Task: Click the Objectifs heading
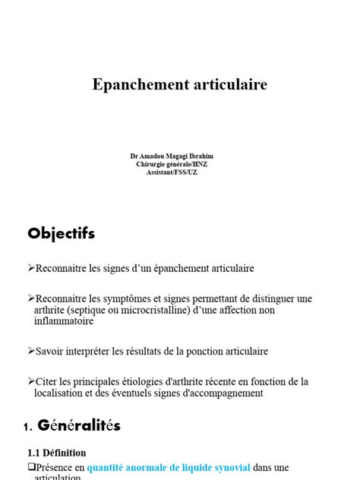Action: [x=61, y=233]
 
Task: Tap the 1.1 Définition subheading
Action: [x=56, y=453]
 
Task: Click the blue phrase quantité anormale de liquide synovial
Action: [x=168, y=467]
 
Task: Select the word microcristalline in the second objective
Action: [x=165, y=310]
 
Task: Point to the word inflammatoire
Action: [x=64, y=321]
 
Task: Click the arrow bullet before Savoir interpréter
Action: [x=31, y=352]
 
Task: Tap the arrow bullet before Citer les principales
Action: [x=31, y=381]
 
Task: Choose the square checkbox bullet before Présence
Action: [x=31, y=467]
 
